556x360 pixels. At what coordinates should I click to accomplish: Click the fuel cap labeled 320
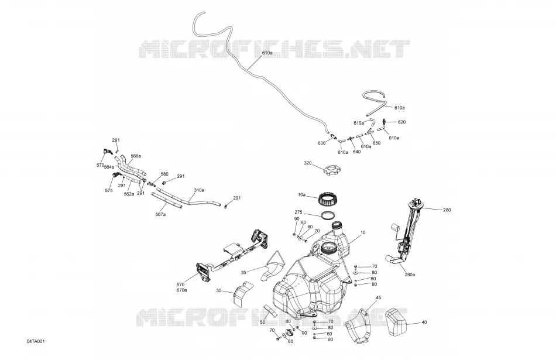(x=332, y=170)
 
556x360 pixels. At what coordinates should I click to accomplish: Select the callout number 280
(x=447, y=210)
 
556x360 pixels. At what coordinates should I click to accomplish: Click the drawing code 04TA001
(x=36, y=341)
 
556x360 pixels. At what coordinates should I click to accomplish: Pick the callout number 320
(x=307, y=163)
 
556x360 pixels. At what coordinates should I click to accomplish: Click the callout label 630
(x=322, y=143)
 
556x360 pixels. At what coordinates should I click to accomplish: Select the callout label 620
(x=401, y=122)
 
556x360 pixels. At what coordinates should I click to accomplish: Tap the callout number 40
(x=424, y=323)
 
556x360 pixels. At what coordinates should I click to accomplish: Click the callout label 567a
(x=160, y=215)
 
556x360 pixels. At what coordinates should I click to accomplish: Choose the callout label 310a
(x=199, y=190)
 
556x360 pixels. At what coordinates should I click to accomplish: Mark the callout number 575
(x=109, y=190)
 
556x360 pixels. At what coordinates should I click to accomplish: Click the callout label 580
(x=164, y=174)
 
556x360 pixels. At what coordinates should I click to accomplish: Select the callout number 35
(x=243, y=273)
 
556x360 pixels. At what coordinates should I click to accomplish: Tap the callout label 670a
(x=181, y=290)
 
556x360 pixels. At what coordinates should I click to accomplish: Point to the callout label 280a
(x=410, y=275)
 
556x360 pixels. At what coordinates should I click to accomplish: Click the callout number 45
(x=378, y=297)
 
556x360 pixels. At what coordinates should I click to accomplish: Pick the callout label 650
(x=376, y=143)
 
